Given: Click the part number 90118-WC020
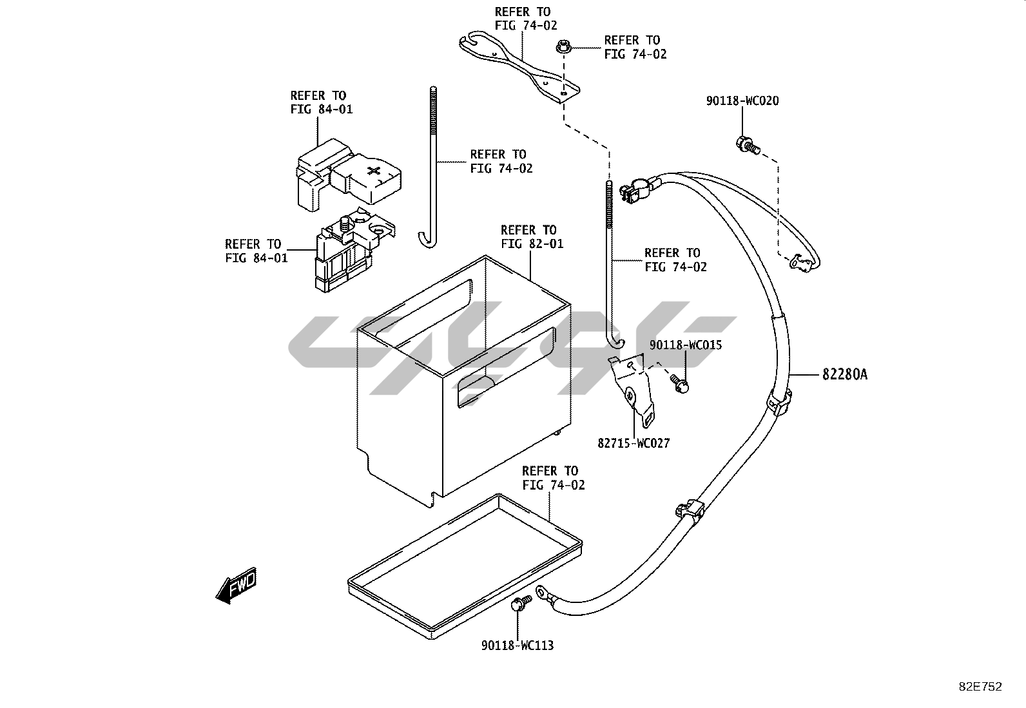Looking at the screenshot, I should coord(742,101).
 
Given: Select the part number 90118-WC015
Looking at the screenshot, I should coord(685,345).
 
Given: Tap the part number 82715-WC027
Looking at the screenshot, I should coord(634,443).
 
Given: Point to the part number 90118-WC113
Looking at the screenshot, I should coord(517,645).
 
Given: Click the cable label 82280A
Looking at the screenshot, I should coord(844,374).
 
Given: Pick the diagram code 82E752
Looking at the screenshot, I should coord(980,687).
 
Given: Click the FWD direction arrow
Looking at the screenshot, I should coord(237,585).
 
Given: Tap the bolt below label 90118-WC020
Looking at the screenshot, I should coord(746,144).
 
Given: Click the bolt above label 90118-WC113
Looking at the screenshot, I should coord(519,604).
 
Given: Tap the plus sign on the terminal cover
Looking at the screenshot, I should coord(374,171).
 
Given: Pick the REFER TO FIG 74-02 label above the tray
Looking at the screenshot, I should coord(553,477).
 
